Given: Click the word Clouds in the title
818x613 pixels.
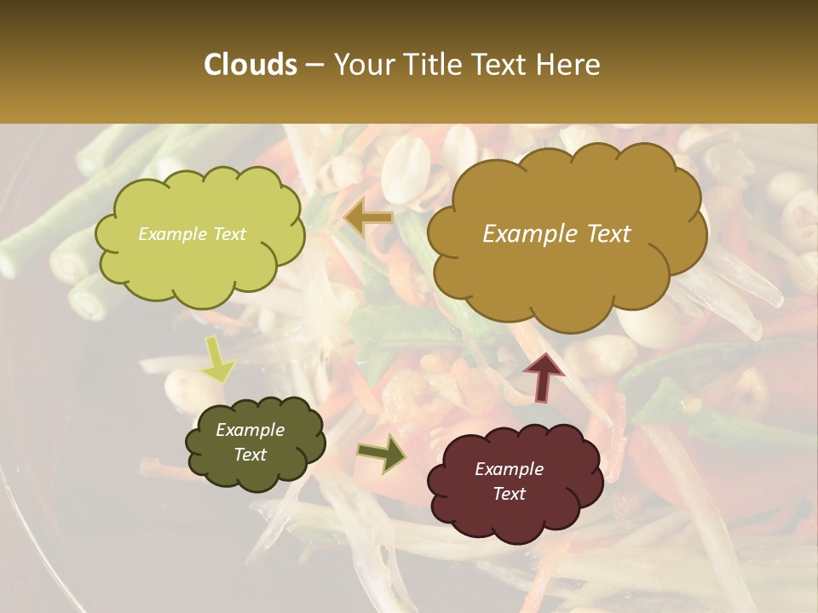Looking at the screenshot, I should [251, 65].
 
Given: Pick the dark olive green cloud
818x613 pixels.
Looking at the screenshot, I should [254, 443].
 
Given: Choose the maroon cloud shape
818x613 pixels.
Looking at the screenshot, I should [514, 482].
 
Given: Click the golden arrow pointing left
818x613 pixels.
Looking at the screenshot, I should [368, 218].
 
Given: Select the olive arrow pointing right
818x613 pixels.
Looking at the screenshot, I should [381, 453].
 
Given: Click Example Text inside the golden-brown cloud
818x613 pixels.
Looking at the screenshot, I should [556, 234].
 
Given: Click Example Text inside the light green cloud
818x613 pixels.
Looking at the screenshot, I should [192, 234].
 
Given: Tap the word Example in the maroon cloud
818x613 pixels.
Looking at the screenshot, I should [509, 469].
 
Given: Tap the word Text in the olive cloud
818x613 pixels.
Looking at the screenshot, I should [251, 455].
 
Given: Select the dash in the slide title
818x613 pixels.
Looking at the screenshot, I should [314, 65].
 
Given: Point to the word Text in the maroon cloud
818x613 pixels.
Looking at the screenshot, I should [509, 494].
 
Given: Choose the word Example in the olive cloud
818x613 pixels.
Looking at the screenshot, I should [250, 430].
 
